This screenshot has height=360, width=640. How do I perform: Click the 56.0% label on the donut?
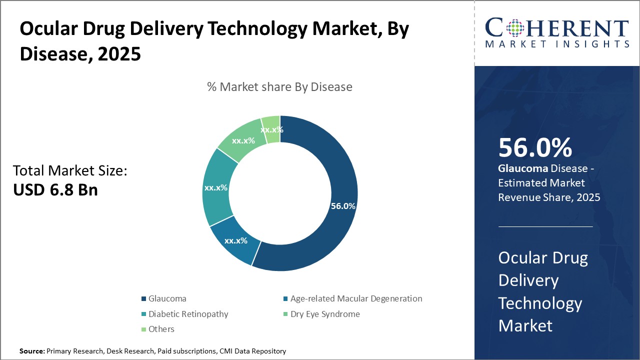343,206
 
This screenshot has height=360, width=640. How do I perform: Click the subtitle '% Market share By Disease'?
279,87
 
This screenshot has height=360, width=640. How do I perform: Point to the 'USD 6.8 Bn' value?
55,190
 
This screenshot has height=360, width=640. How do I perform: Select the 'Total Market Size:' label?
70,171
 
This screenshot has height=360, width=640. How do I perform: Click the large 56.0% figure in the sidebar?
535,148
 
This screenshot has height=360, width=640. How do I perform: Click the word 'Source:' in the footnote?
31,351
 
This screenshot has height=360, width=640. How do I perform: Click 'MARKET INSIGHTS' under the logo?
556,44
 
